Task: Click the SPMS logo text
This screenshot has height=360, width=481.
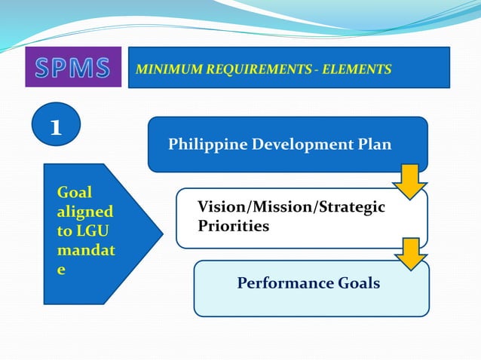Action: [x=73, y=68]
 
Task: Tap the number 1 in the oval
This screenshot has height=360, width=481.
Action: [x=55, y=126]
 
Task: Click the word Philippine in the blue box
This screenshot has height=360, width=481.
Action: [x=204, y=144]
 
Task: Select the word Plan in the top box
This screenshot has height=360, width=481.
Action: [x=375, y=144]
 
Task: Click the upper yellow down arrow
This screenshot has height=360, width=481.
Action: [x=409, y=182]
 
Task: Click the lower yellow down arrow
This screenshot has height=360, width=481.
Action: [x=409, y=254]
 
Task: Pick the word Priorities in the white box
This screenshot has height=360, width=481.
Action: [x=233, y=226]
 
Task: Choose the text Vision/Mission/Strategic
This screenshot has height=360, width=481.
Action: [x=290, y=207]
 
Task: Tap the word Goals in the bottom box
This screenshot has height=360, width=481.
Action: [x=357, y=284]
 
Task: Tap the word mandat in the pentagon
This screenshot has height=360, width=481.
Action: [x=85, y=251]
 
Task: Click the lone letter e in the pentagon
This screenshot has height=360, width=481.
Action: [x=62, y=270]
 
